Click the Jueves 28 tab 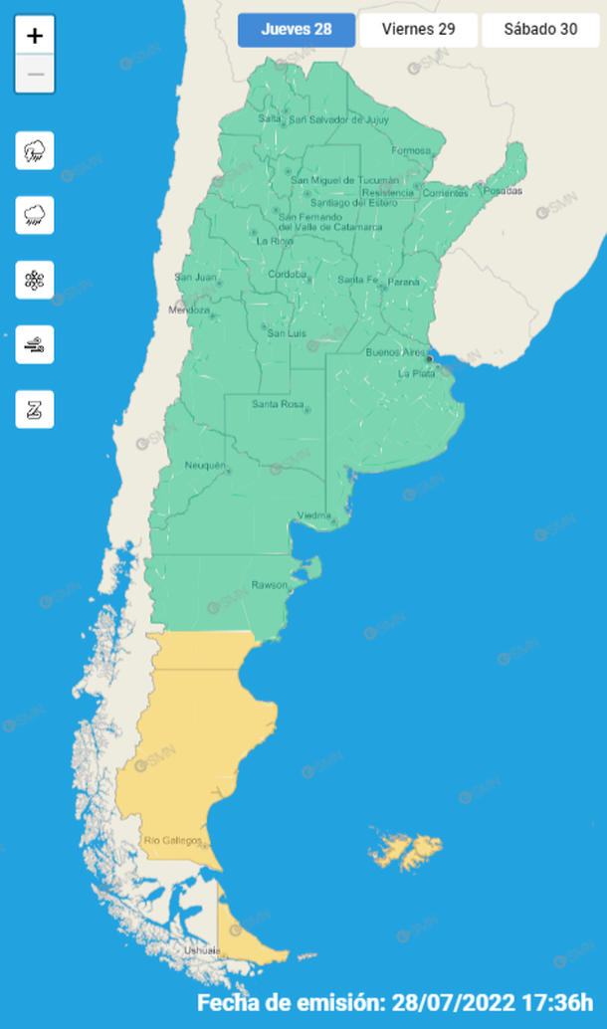pos(296,29)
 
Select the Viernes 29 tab pos(418,29)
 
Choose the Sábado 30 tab pos(540,29)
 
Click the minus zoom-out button pos(35,75)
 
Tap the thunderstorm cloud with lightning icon pos(35,151)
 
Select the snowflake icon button pos(35,281)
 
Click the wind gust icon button pos(35,345)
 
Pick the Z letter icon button pos(35,409)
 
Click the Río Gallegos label pos(172,841)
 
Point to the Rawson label pos(269,584)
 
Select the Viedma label pos(314,514)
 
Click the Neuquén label pos(206,466)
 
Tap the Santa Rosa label pos(278,404)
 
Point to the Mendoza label pos(192,309)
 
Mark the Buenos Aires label pos(396,352)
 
